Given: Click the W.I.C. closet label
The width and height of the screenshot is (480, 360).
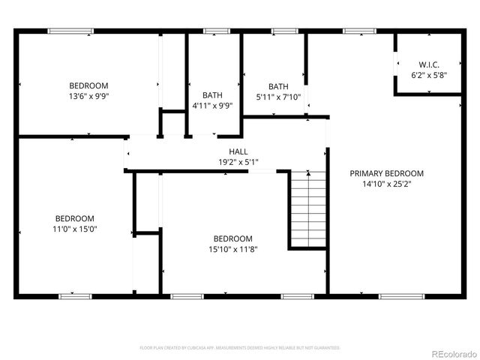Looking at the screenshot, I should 427,64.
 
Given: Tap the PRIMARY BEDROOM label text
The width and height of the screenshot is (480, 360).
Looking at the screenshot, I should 386,173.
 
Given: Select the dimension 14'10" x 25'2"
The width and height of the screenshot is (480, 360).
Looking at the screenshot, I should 386,183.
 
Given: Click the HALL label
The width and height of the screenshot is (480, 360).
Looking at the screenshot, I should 228,151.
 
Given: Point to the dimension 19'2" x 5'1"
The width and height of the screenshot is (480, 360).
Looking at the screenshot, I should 228,161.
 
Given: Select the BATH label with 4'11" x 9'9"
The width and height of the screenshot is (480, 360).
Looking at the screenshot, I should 212,95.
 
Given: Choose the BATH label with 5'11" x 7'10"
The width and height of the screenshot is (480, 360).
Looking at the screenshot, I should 278,86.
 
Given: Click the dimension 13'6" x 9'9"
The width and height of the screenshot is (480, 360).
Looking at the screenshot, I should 88,96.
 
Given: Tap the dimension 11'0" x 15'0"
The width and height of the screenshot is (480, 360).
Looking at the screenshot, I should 74,229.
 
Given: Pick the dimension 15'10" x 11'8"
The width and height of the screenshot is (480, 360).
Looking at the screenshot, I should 232,249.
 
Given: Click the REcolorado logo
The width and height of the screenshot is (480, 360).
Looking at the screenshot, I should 451,353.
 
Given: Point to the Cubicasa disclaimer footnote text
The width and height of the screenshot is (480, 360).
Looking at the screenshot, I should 240,348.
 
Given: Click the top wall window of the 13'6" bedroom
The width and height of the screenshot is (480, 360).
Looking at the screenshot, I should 70,31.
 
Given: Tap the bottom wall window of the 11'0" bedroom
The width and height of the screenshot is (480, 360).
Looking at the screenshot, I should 76,296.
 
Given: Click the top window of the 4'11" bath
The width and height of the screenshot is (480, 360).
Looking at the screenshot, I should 216,31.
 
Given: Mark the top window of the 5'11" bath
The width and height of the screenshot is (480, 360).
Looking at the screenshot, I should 283,31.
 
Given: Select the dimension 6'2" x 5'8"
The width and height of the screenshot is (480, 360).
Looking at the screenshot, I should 427,75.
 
